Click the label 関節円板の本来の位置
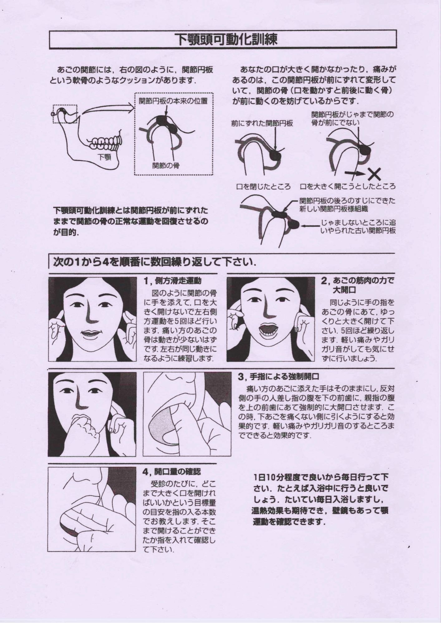click(173, 101)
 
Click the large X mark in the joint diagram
click(375, 174)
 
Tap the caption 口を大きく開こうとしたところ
click(348, 187)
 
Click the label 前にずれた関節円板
click(262, 123)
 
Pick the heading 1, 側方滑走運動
click(172, 281)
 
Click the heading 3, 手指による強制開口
click(278, 377)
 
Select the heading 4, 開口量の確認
click(172, 472)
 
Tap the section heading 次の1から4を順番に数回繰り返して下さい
click(154, 263)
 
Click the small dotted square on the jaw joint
click(65, 114)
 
